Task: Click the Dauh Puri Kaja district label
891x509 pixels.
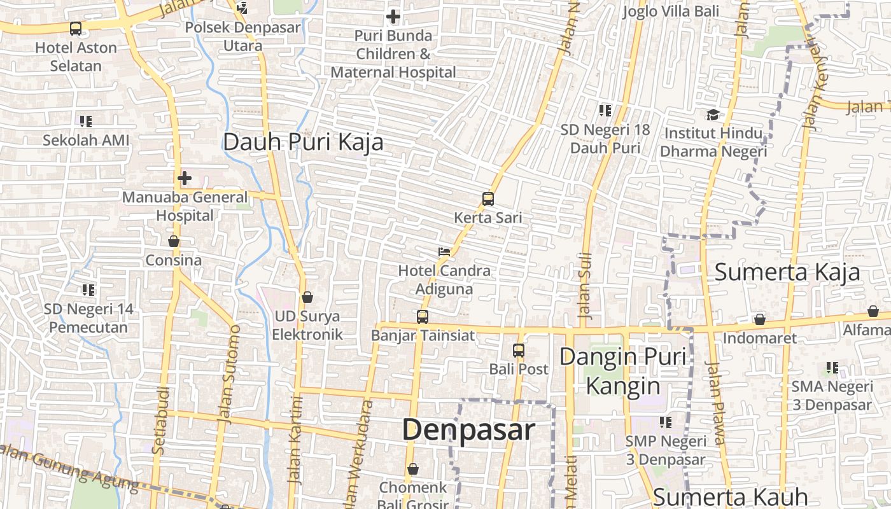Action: point(303,142)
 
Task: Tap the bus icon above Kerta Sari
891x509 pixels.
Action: point(488,199)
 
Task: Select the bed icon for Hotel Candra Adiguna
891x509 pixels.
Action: point(444,252)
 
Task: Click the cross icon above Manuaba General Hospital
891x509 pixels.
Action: point(185,178)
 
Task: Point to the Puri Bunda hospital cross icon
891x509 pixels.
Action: point(393,16)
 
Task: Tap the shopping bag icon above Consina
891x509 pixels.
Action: point(173,241)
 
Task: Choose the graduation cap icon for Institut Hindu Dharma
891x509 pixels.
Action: point(713,115)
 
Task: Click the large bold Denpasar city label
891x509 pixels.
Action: point(468,430)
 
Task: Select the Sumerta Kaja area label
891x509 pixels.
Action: point(787,272)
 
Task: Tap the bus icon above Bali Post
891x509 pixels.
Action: point(519,350)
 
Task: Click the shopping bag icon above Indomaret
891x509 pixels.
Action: point(759,319)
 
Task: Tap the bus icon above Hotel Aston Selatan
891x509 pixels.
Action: point(76,29)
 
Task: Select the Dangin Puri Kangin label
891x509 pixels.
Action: point(623,371)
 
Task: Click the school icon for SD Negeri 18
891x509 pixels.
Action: point(605,111)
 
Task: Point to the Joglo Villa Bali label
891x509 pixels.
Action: point(671,11)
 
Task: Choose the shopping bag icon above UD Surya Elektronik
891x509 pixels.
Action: point(307,297)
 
